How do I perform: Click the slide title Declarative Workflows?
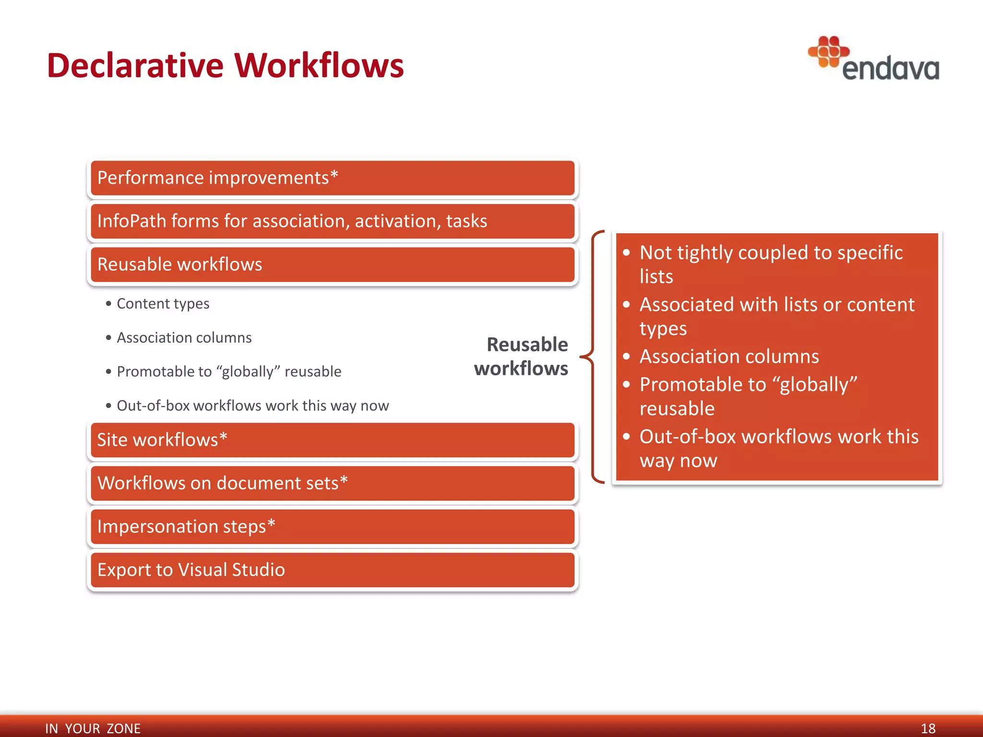225,65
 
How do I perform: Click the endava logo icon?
828,51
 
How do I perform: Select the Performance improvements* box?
332,178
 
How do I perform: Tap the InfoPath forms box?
332,221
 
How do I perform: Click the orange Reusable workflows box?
332,264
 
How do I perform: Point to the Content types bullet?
163,304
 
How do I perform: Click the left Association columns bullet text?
184,338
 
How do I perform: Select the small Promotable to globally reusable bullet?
228,372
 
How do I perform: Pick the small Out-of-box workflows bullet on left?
252,406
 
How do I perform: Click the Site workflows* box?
332,440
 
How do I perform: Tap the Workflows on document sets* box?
332,483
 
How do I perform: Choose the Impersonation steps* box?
332,526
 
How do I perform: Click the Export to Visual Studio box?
332,570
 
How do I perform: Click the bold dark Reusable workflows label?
522,357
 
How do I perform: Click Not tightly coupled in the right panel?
770,253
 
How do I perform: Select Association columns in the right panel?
729,357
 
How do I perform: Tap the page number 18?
928,728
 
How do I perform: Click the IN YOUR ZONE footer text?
93,728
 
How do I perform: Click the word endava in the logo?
890,70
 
